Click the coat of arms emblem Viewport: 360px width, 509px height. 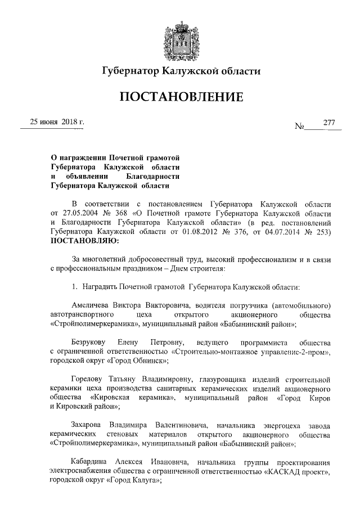pyautogui.click(x=181, y=40)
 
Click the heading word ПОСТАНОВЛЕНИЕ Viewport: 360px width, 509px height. pyautogui.click(x=181, y=97)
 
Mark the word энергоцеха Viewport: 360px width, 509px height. pyautogui.click(x=280, y=424)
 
